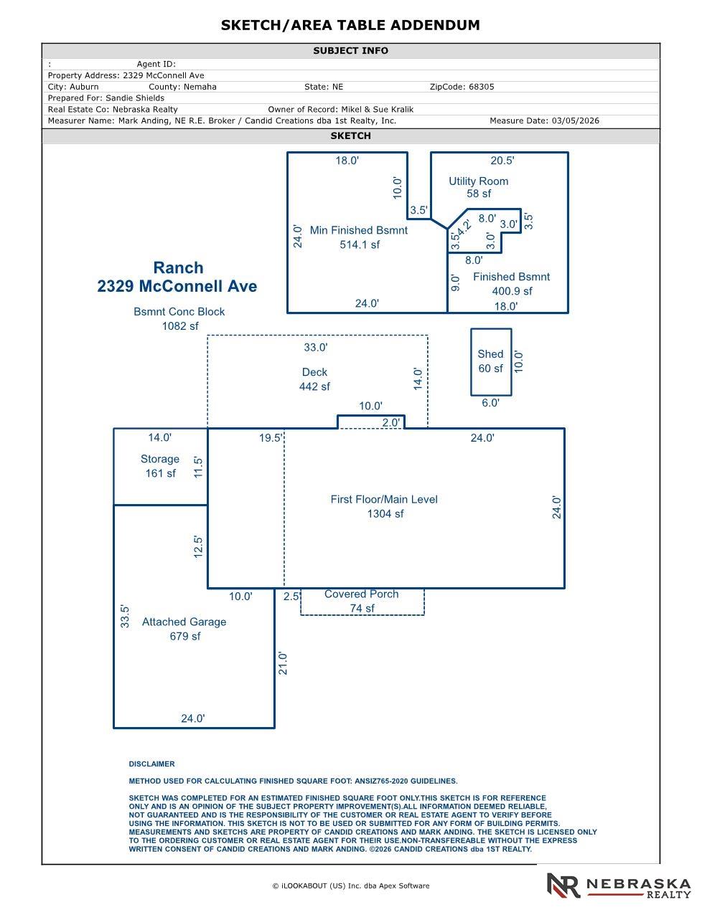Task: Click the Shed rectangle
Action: [x=491, y=361]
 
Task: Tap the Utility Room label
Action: [x=478, y=181]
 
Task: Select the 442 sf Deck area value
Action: [x=314, y=386]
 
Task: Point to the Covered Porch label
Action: [x=361, y=594]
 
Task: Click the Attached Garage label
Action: [x=184, y=622]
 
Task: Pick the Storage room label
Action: [x=159, y=459]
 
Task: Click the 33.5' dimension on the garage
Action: [x=126, y=617]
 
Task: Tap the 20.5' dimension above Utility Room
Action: [x=502, y=161]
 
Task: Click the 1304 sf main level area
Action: [x=385, y=513]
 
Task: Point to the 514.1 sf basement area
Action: [x=360, y=244]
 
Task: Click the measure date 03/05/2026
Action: [x=575, y=121]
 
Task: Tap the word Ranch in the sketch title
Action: [x=178, y=267]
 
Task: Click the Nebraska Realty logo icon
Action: [x=563, y=885]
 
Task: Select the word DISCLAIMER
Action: [x=151, y=764]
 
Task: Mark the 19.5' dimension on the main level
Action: [x=271, y=438]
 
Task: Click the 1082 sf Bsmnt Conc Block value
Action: [x=179, y=326]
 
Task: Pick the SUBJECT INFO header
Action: [x=350, y=51]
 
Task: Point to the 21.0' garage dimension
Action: [x=283, y=663]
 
